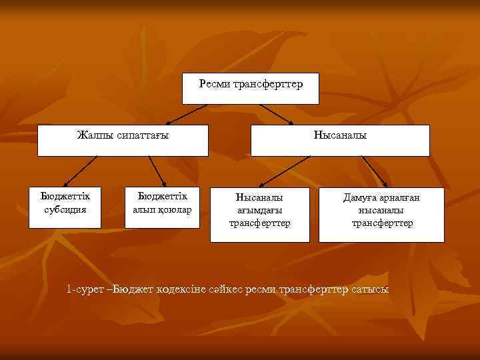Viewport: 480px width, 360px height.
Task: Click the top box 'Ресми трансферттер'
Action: point(251,89)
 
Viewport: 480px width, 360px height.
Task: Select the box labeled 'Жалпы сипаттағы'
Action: point(123,140)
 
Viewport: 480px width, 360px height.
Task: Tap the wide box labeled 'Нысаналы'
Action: point(340,140)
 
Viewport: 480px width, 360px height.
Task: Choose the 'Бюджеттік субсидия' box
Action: point(65,207)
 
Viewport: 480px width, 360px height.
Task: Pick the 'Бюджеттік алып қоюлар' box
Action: point(162,207)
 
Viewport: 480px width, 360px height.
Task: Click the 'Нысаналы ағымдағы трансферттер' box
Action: point(260,213)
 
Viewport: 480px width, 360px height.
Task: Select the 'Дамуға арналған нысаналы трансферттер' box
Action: point(381,213)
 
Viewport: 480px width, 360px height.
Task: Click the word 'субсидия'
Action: point(65,209)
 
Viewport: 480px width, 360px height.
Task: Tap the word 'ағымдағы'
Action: point(260,210)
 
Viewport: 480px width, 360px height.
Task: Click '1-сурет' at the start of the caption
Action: point(85,289)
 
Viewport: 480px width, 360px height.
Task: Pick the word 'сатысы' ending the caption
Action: point(371,289)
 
